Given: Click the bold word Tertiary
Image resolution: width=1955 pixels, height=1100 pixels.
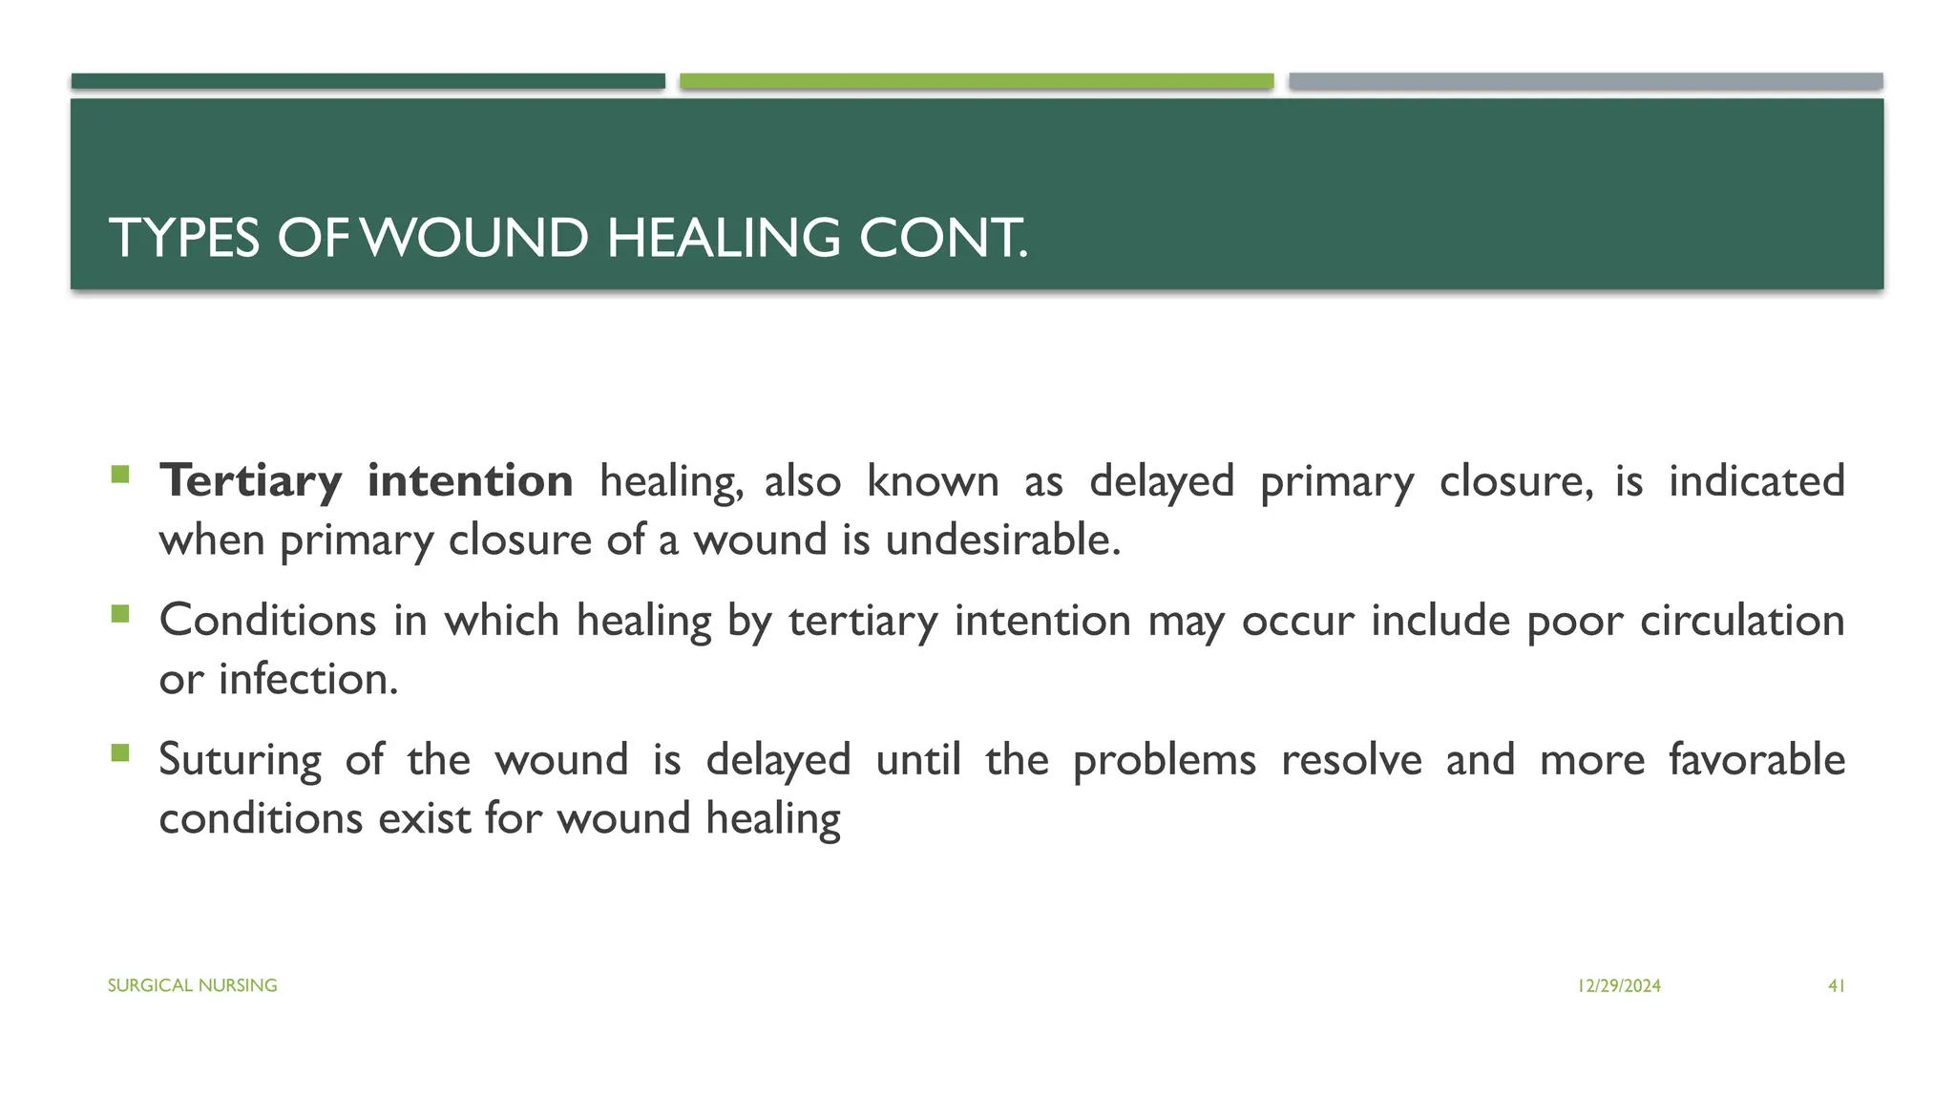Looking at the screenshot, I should (x=250, y=481).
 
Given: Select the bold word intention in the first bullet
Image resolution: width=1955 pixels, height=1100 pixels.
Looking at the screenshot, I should (x=470, y=480).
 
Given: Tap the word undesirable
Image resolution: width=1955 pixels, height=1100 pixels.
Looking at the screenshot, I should (x=1002, y=540).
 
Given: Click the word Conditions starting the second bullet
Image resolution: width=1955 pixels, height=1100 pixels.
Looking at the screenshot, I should (x=267, y=621).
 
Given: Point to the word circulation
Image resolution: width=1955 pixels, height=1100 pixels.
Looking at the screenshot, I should (x=1742, y=621).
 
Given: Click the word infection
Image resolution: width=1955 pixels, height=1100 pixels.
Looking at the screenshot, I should (x=307, y=680).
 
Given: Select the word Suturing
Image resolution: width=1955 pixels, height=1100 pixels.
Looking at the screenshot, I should (x=241, y=761).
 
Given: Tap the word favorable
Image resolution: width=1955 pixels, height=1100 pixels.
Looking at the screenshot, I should (x=1756, y=760).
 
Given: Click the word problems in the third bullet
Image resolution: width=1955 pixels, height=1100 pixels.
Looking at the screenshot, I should (x=1164, y=761).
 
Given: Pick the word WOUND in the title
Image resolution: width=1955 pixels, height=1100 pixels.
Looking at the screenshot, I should (x=475, y=238).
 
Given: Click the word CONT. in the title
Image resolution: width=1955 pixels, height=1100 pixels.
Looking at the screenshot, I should (x=943, y=238).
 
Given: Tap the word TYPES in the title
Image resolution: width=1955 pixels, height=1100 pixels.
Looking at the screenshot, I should (x=184, y=238).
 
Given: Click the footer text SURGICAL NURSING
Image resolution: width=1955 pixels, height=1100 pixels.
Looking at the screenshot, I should (x=192, y=985).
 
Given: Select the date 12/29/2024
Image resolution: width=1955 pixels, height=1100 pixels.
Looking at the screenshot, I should (x=1619, y=986).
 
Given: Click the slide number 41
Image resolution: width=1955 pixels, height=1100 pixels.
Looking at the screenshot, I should (x=1836, y=986).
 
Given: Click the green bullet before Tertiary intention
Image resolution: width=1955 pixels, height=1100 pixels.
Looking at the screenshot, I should (x=119, y=474).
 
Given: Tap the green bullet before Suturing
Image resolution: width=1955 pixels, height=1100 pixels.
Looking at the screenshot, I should (x=119, y=753).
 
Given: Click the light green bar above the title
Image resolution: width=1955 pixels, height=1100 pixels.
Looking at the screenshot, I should (x=977, y=81).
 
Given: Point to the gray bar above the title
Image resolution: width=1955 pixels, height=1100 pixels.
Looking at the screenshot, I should (x=1586, y=81).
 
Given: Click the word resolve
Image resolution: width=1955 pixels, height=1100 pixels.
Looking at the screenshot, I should (x=1351, y=760).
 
